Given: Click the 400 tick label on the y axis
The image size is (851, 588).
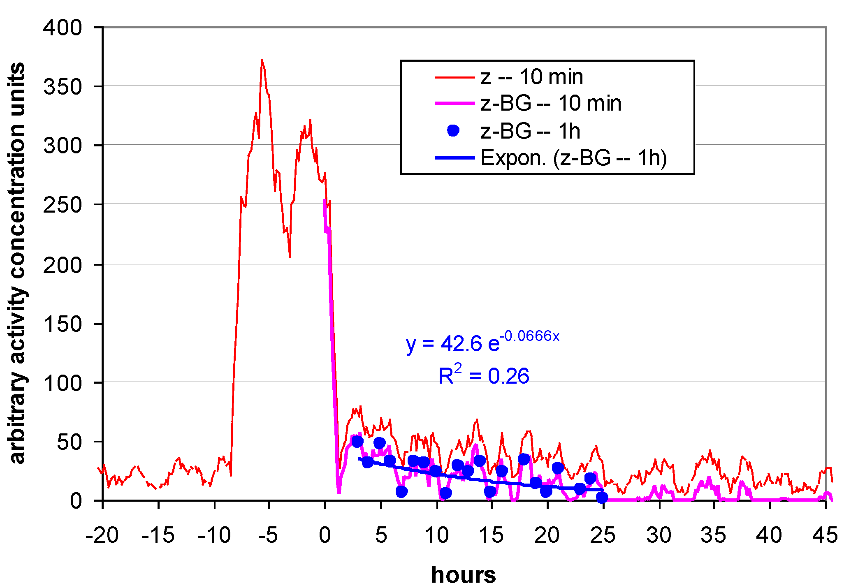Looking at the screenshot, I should pyautogui.click(x=63, y=28).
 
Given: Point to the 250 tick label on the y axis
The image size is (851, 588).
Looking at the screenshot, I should pyautogui.click(x=63, y=205).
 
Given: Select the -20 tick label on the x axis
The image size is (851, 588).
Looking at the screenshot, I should pyautogui.click(x=102, y=535).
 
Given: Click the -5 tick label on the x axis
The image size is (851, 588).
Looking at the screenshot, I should pyautogui.click(x=269, y=535).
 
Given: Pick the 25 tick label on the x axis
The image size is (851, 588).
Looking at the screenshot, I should pyautogui.click(x=603, y=535).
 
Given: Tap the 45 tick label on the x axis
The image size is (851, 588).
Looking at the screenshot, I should pyautogui.click(x=825, y=535).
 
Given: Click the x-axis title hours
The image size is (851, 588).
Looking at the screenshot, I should pyautogui.click(x=464, y=574).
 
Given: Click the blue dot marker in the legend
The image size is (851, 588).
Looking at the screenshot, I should pyautogui.click(x=453, y=131).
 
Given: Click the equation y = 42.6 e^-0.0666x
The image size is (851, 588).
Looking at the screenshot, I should pyautogui.click(x=482, y=341).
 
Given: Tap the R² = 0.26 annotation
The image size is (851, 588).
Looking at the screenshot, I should pyautogui.click(x=484, y=375).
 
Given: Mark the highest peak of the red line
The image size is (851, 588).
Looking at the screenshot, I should pyautogui.click(x=262, y=60).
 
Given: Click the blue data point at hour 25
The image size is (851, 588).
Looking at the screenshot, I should pyautogui.click(x=602, y=498).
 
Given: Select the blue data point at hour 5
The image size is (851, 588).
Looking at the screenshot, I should pyautogui.click(x=380, y=443).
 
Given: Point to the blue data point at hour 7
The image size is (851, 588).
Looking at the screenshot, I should pyautogui.click(x=402, y=491).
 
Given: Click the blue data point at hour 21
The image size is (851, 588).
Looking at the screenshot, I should pyautogui.click(x=558, y=468).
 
